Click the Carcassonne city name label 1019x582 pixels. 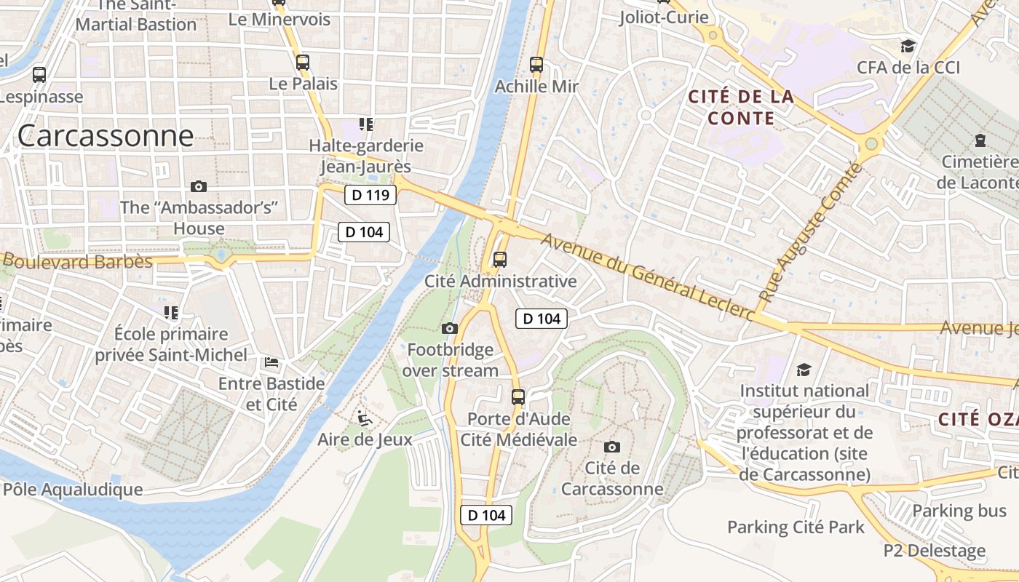pos(106,136)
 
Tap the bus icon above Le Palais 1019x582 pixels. pos(303,63)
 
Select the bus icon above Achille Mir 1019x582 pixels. pos(536,65)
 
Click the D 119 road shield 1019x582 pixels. pos(370,195)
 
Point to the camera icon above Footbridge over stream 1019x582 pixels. pos(450,329)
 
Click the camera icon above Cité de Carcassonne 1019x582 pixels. pos(612,447)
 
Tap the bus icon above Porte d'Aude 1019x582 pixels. pos(518,397)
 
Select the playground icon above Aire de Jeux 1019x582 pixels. pos(365,418)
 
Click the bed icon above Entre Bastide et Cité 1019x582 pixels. pos(271,362)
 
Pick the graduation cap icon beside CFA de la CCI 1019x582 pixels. pos(908,47)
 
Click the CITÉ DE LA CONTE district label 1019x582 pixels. pos(740,107)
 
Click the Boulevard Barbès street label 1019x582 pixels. pos(76,261)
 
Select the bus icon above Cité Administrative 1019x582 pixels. pos(500,260)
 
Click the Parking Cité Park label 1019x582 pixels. pos(796,527)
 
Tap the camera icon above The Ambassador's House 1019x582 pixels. pos(198,187)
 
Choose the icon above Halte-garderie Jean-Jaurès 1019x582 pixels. pos(365,124)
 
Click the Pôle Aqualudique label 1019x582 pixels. pos(72,489)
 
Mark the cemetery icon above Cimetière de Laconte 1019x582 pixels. pos(980,140)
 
